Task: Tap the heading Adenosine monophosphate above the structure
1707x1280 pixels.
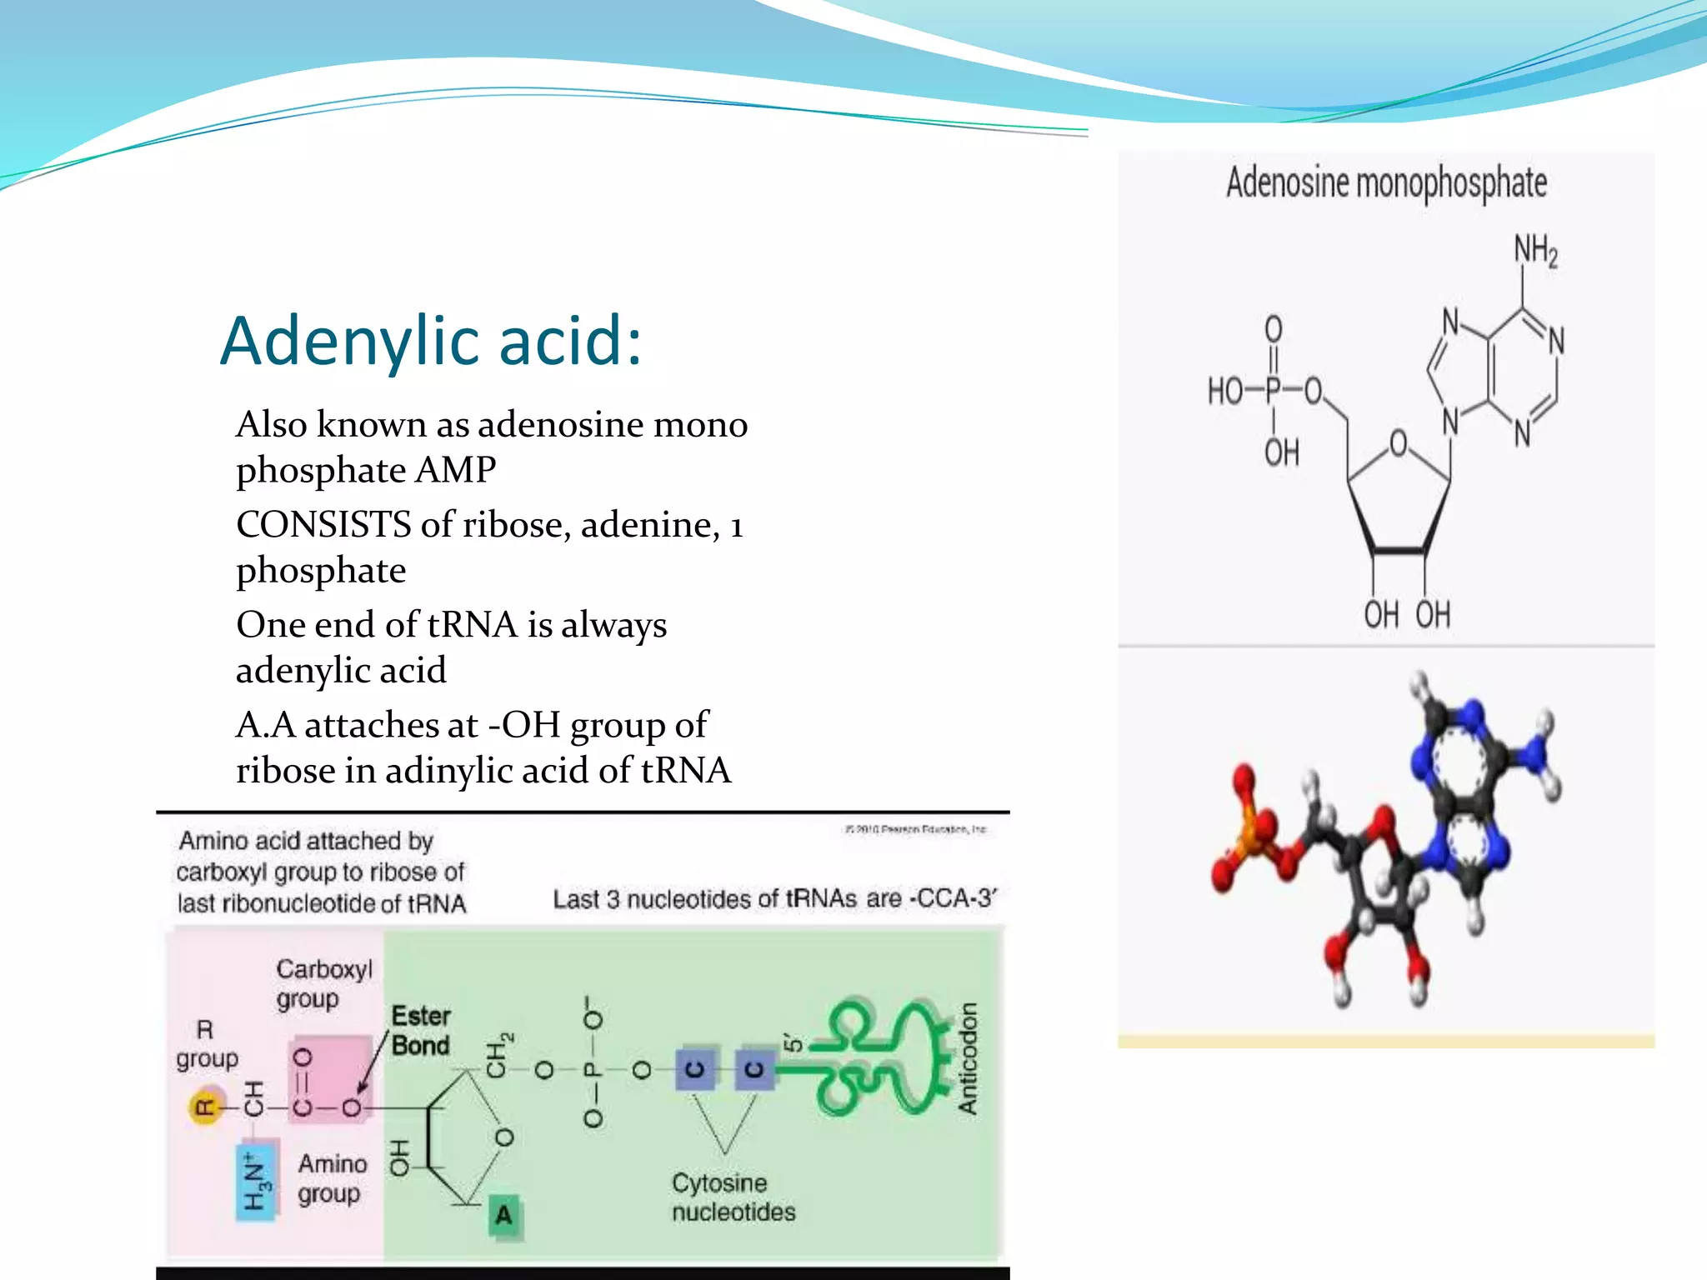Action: tap(1386, 182)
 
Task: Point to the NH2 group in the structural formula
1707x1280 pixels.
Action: tap(1535, 251)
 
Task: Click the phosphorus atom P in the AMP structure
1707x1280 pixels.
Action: tap(1273, 390)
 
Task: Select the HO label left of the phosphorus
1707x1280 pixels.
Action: tap(1224, 390)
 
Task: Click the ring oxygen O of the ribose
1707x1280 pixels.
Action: tap(1398, 442)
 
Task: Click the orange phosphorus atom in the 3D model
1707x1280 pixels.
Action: tap(1248, 842)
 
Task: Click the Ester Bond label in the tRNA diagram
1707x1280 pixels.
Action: tap(421, 1031)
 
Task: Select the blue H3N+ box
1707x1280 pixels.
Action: tap(255, 1185)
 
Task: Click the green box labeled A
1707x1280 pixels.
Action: tap(503, 1215)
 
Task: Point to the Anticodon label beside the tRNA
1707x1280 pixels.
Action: tap(967, 1058)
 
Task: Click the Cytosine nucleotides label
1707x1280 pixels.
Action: tap(733, 1197)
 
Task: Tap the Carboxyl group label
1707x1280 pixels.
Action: tap(324, 983)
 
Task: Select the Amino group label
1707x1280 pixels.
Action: tap(332, 1178)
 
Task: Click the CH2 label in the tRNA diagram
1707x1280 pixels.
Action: tap(498, 1054)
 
